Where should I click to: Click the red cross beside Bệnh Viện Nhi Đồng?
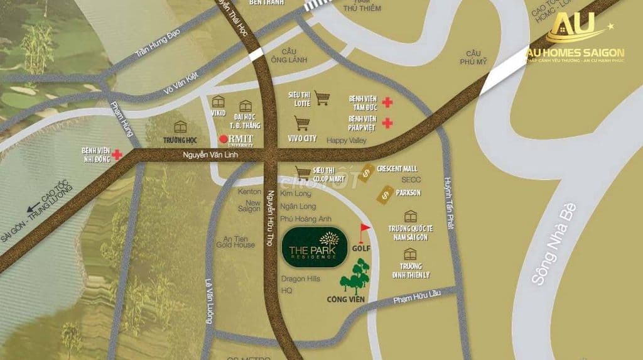pyautogui.click(x=117, y=153)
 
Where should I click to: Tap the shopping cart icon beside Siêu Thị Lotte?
pyautogui.click(x=323, y=97)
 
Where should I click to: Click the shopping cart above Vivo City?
pyautogui.click(x=302, y=123)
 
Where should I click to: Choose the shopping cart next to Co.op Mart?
pyautogui.click(x=304, y=172)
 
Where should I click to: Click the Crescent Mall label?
pyautogui.click(x=397, y=169)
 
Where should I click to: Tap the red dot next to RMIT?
pyautogui.click(x=222, y=139)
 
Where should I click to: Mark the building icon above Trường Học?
pyautogui.click(x=180, y=126)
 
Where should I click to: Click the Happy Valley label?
pyautogui.click(x=346, y=141)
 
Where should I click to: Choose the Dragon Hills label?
pyautogui.click(x=301, y=278)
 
